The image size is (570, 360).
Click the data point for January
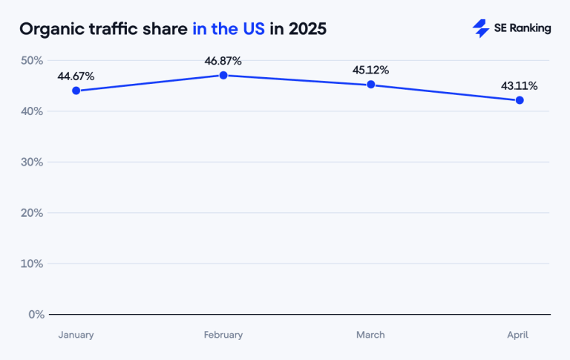(76, 91)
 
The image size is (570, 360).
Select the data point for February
(223, 75)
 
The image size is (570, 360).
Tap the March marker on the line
(370, 85)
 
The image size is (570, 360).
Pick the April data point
(519, 100)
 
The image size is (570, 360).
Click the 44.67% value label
(76, 76)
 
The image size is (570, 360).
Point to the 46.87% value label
(223, 61)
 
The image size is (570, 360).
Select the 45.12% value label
(370, 71)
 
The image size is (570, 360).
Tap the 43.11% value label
(519, 86)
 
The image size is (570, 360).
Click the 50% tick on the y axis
(33, 60)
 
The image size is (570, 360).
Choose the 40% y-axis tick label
(33, 111)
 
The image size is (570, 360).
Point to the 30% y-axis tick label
(33, 162)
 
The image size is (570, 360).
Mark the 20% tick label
(33, 213)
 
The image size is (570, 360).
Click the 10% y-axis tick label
(33, 264)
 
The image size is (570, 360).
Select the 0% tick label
(36, 314)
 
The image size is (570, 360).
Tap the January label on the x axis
(76, 335)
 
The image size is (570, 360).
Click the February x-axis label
(223, 335)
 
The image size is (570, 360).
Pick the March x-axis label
(370, 335)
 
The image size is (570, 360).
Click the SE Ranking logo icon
(480, 28)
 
